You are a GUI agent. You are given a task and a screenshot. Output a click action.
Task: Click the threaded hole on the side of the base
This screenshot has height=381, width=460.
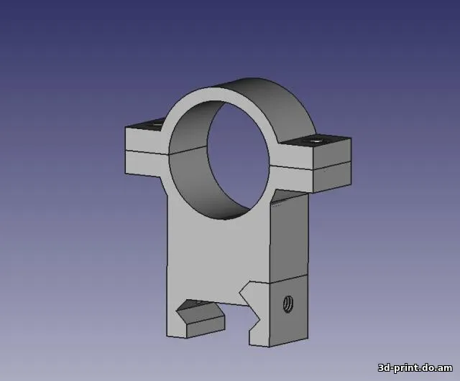point(288,304)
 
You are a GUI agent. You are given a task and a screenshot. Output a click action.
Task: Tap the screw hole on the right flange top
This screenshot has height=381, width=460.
point(316,141)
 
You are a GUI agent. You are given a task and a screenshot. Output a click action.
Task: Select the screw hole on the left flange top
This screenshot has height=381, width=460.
point(155,124)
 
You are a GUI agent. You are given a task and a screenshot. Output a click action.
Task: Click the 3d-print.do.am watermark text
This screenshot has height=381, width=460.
point(415,367)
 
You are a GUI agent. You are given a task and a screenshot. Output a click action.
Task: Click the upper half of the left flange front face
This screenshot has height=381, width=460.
point(144,140)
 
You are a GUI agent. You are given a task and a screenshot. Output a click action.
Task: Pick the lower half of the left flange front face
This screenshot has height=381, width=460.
point(144,164)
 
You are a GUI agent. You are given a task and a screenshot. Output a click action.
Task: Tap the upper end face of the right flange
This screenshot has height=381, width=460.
point(332,151)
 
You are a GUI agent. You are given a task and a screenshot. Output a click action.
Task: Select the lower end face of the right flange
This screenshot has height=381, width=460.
point(332,177)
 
